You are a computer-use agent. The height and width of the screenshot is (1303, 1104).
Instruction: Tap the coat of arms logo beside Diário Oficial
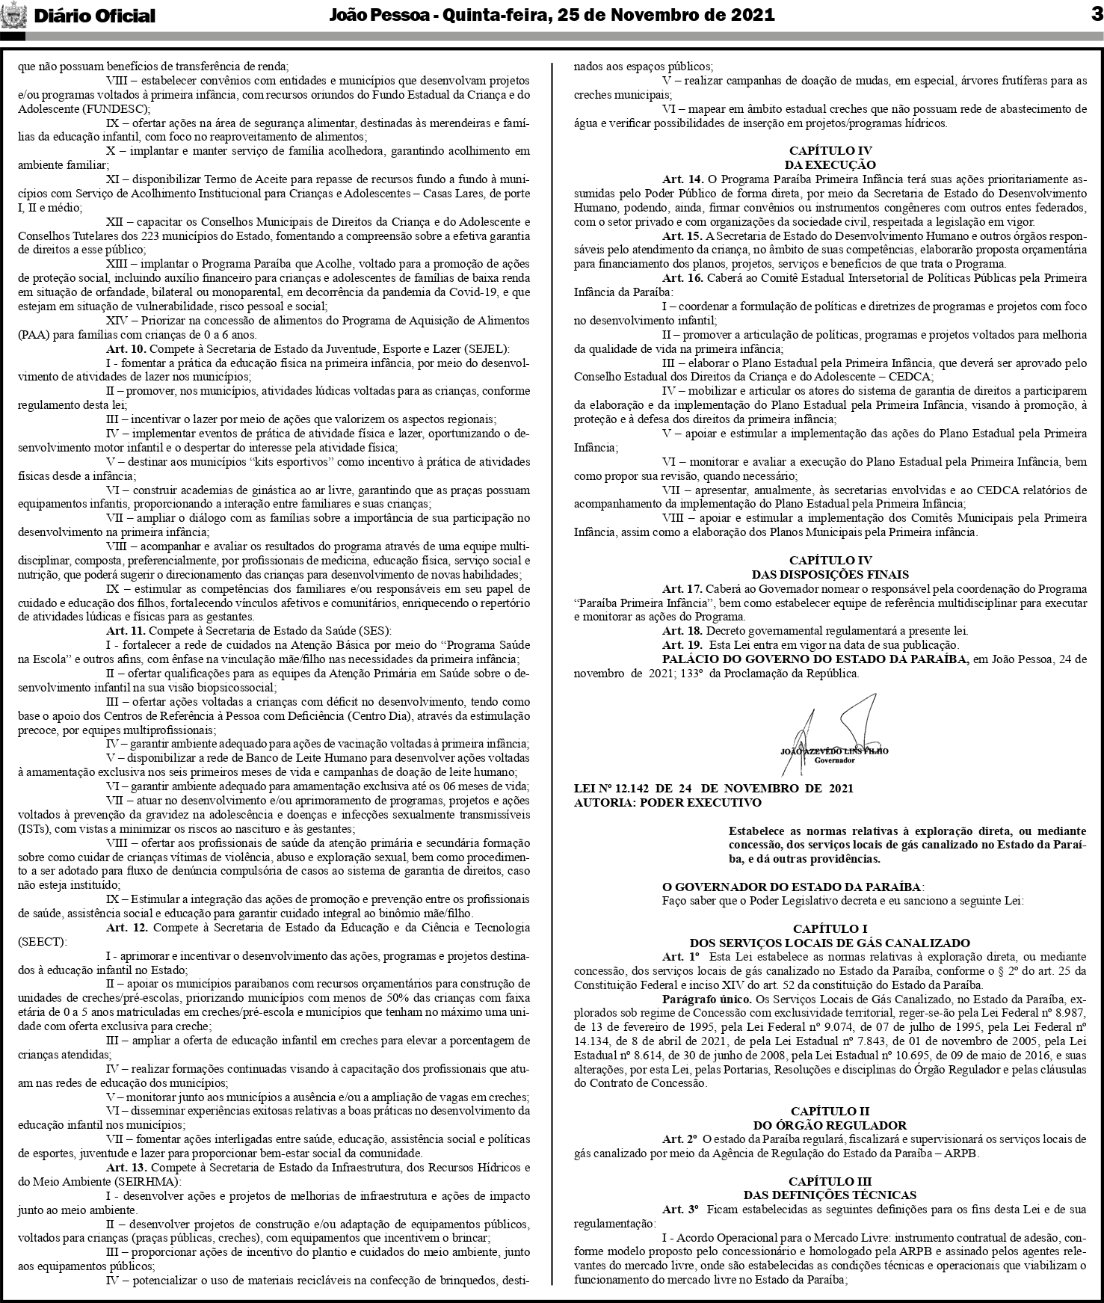point(13,15)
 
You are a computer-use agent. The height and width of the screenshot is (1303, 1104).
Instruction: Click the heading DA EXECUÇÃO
point(830,165)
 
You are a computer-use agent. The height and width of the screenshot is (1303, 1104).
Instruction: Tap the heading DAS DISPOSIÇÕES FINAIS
point(830,575)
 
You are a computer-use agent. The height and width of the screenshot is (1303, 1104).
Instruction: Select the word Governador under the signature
point(834,760)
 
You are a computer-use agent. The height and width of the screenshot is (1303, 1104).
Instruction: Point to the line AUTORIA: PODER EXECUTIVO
point(667,803)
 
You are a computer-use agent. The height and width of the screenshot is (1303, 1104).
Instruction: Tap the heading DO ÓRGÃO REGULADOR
point(830,1125)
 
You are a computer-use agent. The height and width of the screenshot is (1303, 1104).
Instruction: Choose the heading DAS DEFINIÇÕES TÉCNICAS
point(830,1195)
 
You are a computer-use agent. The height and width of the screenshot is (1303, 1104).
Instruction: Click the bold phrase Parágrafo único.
point(706,999)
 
